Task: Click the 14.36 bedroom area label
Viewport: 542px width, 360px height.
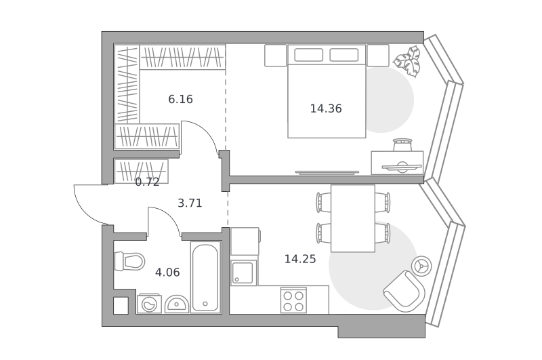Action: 326,108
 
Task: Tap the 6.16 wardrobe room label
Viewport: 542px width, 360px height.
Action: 180,99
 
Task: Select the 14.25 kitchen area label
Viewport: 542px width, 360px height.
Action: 300,259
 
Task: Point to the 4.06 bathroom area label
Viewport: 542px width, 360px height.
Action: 167,273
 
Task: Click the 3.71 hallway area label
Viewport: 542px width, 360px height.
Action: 190,203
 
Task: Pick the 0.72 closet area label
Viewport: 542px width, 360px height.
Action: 147,182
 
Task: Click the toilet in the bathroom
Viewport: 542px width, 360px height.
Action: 129,262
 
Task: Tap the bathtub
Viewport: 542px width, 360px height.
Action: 205,277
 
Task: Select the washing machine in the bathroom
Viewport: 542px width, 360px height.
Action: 149,304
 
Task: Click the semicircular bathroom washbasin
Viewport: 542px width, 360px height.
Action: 177,304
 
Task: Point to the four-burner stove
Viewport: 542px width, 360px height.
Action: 293,300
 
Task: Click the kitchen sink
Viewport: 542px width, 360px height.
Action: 243,273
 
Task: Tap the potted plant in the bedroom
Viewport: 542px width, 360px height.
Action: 408,62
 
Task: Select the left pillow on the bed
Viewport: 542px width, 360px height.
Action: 309,55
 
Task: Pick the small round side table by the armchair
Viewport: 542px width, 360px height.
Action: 421,266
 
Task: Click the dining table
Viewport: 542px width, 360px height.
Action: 353,218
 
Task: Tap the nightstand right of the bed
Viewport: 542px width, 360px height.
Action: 378,56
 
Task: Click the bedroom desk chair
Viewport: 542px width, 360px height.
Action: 402,145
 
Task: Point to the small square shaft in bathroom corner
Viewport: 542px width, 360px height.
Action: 121,306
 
